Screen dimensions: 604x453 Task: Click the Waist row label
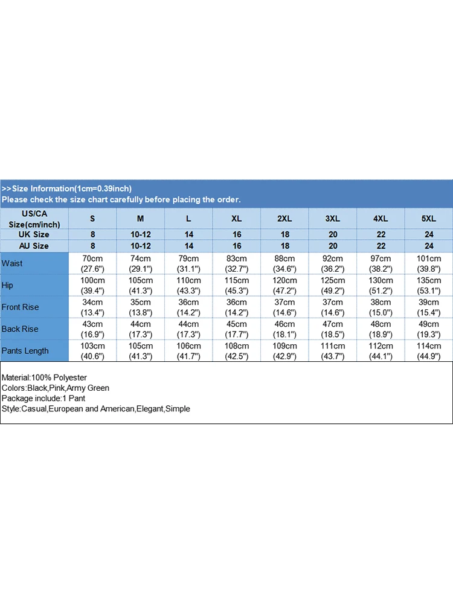coord(13,263)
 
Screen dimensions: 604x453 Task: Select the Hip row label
coord(8,285)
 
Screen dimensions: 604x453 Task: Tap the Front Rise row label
coord(20,307)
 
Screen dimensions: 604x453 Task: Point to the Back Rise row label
coord(20,329)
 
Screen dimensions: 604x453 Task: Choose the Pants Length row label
coord(25,350)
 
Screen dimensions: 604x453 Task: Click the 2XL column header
coord(284,218)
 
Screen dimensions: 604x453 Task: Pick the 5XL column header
coord(429,218)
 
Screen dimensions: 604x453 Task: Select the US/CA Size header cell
coord(34,218)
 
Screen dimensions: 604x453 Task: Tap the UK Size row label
coord(34,234)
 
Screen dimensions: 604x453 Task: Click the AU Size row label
coord(34,246)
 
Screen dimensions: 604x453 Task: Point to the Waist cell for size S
coord(92,263)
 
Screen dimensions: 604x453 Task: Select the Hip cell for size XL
coord(237,285)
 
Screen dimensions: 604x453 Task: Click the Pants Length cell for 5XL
coord(429,350)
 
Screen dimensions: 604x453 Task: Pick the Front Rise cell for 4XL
coord(381,307)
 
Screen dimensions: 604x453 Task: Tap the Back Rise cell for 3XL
coord(333,329)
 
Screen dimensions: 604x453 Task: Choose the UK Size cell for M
coord(141,234)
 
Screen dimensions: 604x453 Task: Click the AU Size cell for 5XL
coord(429,246)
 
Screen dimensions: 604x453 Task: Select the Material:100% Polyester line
coord(44,377)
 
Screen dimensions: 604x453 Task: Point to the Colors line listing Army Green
coord(56,388)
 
